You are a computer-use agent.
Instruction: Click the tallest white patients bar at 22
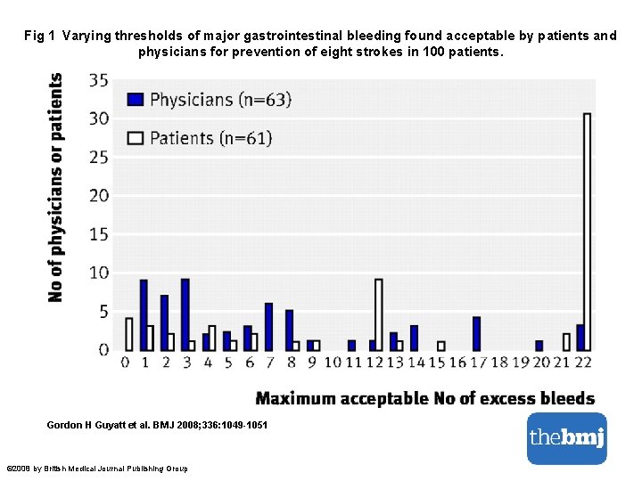pyautogui.click(x=587, y=232)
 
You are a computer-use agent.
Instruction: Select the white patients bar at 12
pyautogui.click(x=379, y=314)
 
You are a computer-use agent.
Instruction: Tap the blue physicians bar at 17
pyautogui.click(x=476, y=333)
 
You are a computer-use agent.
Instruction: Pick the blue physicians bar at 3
pyautogui.click(x=185, y=314)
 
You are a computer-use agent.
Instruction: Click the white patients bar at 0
pyautogui.click(x=129, y=334)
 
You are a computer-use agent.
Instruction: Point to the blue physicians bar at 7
pyautogui.click(x=268, y=326)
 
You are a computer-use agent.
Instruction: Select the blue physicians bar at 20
pyautogui.click(x=539, y=345)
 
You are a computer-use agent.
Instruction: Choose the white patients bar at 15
pyautogui.click(x=440, y=346)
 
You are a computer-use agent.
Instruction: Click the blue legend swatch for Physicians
pyautogui.click(x=136, y=99)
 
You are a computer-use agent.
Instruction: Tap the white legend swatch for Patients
pyautogui.click(x=136, y=137)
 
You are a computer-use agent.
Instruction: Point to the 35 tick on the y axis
pyautogui.click(x=99, y=80)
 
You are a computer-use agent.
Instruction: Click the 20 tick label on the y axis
pyautogui.click(x=99, y=196)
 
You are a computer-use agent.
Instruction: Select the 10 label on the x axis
pyautogui.click(x=333, y=362)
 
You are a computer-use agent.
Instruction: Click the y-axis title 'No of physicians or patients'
pyautogui.click(x=55, y=187)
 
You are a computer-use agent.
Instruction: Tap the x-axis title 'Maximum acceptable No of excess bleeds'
pyautogui.click(x=424, y=398)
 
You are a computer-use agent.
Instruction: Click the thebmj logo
pyautogui.click(x=566, y=437)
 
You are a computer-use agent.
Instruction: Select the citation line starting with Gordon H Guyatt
pyautogui.click(x=156, y=425)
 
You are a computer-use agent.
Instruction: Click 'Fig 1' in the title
pyautogui.click(x=40, y=37)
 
